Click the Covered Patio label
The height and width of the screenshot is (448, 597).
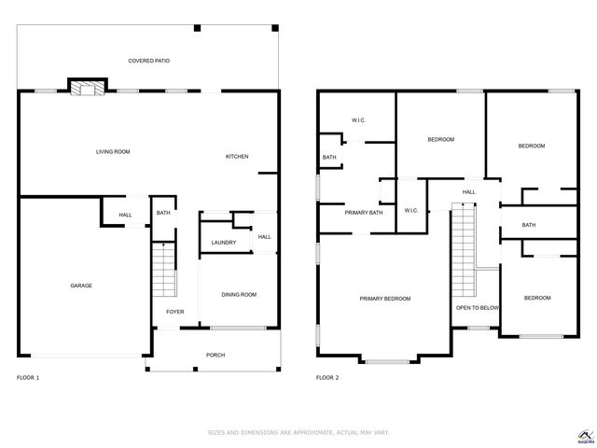[x=148, y=61]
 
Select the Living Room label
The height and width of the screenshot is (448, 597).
[x=113, y=151]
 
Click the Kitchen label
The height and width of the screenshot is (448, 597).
[x=237, y=156]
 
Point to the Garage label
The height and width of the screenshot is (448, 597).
[x=80, y=286]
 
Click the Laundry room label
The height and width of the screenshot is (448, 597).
[x=223, y=243]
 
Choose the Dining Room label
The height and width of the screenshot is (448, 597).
[x=239, y=295]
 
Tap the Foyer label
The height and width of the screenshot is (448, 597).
[x=174, y=312]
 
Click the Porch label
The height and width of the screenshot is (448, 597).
[x=215, y=355]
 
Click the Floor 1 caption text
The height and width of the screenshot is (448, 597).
[x=28, y=377]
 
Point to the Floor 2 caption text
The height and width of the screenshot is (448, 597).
[x=327, y=377]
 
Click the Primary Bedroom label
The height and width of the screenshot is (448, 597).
[x=385, y=299]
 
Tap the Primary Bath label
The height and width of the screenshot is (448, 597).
[x=364, y=213]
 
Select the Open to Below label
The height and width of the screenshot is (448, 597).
[x=477, y=307]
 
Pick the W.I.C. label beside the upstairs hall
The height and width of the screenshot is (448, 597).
[x=411, y=210]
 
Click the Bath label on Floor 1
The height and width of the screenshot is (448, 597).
[x=163, y=214]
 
